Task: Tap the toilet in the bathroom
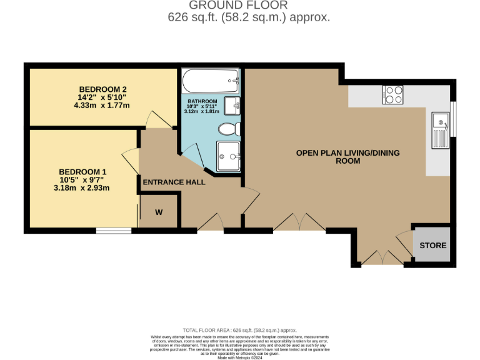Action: coord(229,129)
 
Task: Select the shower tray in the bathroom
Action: coord(227,155)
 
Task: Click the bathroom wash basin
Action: coord(231,105)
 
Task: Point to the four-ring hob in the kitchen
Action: coord(393,94)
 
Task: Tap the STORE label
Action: coord(432,245)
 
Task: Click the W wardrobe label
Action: coord(159,212)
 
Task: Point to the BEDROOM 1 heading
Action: coord(82,172)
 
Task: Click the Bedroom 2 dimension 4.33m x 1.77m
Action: coord(101,105)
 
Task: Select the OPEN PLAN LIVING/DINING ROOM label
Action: coord(347,156)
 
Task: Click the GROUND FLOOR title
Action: coord(249,6)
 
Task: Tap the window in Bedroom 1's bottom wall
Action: coord(114,231)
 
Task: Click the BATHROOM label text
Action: coord(202,101)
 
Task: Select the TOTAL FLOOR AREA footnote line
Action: coord(239,330)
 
